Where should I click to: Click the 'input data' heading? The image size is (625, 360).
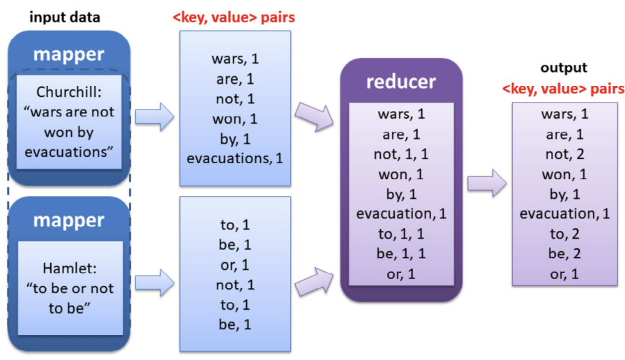[x=65, y=17]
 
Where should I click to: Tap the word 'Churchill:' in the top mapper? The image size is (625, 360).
[x=69, y=93]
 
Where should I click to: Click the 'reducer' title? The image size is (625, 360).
[x=401, y=81]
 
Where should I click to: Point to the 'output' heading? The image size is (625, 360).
[x=564, y=68]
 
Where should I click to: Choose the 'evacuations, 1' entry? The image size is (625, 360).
[x=234, y=158]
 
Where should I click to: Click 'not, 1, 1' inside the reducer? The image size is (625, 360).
[x=401, y=153]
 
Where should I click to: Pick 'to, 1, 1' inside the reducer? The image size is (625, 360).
[x=401, y=234]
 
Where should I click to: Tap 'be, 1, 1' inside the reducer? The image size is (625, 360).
[x=401, y=254]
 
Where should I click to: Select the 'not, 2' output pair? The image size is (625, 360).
[x=565, y=154]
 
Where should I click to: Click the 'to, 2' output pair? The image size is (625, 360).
[x=565, y=234]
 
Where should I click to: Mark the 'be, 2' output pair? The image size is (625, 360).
[x=565, y=254]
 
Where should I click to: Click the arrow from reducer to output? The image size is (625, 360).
[x=487, y=184]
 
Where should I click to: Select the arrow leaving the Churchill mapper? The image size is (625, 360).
[x=153, y=117]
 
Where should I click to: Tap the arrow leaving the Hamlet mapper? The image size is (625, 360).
[x=153, y=283]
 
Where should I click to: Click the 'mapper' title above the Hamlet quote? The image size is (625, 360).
[x=69, y=220]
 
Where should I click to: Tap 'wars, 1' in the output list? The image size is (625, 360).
[x=565, y=114]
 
